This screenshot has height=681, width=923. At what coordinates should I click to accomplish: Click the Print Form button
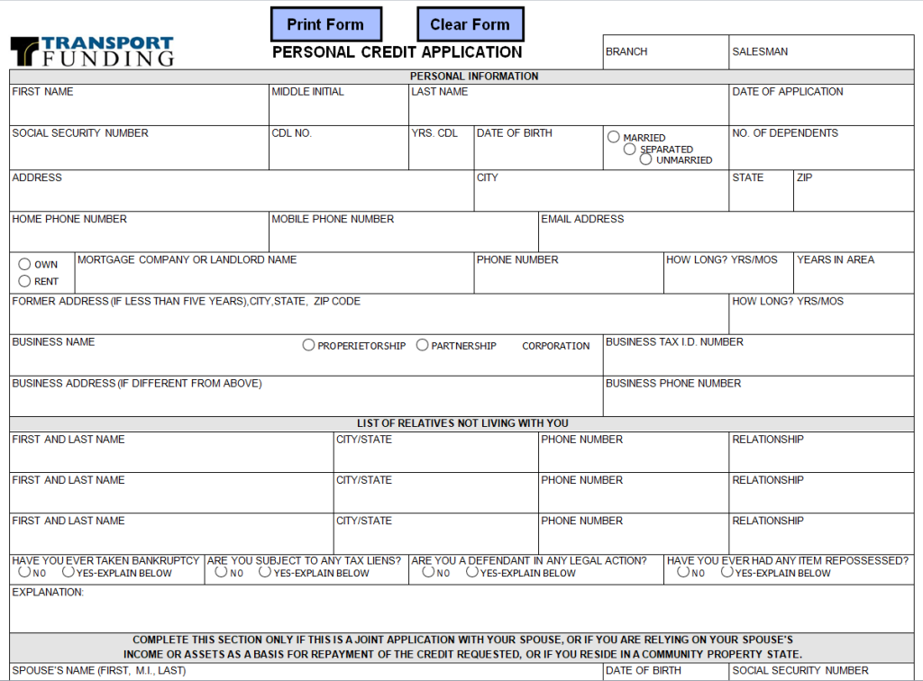tap(325, 24)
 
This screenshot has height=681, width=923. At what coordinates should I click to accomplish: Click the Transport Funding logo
tap(92, 51)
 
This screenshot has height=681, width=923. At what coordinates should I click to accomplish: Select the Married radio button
tap(614, 137)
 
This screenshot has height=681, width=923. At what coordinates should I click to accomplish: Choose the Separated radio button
tap(630, 149)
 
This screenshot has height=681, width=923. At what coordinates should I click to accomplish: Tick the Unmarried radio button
tap(646, 159)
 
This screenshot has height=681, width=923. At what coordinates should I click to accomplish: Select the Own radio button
tap(24, 264)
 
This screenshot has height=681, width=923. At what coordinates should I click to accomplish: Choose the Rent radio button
tap(24, 281)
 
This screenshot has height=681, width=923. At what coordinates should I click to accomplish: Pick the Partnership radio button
tap(422, 345)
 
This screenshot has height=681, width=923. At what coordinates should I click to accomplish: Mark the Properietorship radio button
tap(308, 345)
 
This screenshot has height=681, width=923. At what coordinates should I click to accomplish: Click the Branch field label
tap(626, 52)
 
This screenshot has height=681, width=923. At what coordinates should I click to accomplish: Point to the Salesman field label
tap(760, 52)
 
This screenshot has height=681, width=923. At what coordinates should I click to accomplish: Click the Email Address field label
tap(582, 219)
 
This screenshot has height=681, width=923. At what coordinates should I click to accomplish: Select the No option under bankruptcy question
tap(24, 572)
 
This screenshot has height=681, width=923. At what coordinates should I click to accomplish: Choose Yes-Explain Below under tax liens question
tap(265, 572)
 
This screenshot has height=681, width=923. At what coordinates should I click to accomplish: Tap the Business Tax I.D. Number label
tap(674, 342)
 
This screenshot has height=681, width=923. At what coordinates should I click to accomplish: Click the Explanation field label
tap(48, 593)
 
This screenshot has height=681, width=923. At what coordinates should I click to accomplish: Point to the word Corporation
tap(555, 346)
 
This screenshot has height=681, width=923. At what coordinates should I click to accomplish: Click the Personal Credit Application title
tap(397, 52)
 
